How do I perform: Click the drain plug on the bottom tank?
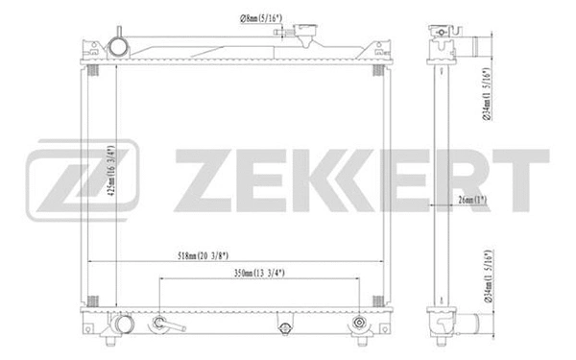tap(283, 328)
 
